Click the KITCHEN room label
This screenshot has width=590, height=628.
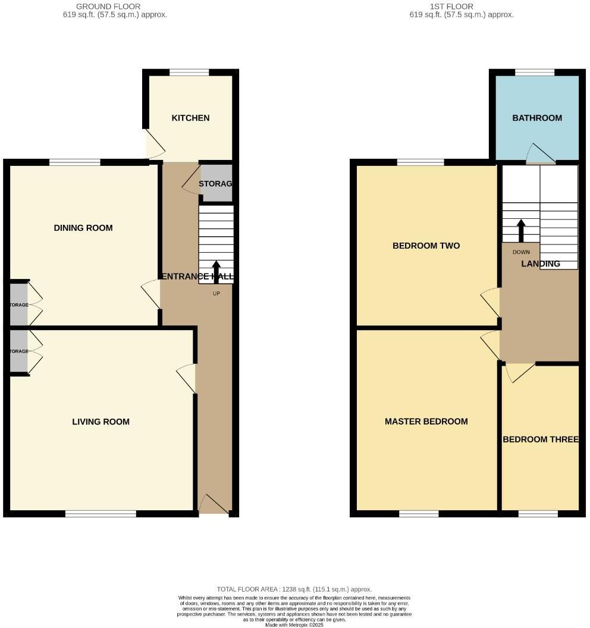point(190,118)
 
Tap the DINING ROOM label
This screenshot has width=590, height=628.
point(83,228)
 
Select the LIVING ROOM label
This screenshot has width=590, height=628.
point(101,422)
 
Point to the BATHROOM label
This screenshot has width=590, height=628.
point(537,118)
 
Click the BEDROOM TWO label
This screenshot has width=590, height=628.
point(426,246)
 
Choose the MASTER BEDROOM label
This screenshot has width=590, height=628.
point(426,422)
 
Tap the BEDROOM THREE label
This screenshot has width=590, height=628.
point(540,439)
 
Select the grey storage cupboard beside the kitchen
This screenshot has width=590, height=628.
point(215,184)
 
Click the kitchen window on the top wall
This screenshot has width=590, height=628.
point(189,73)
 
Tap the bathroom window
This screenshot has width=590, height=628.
point(535,73)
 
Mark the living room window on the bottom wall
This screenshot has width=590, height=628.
point(101,514)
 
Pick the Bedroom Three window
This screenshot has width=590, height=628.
point(538,514)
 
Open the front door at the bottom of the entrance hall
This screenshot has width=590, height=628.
point(214,505)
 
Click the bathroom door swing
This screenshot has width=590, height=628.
point(540,154)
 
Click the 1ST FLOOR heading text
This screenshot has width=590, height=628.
point(452,7)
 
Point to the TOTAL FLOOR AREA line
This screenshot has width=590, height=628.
point(294,589)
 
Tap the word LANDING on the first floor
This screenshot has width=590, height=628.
point(541,263)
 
